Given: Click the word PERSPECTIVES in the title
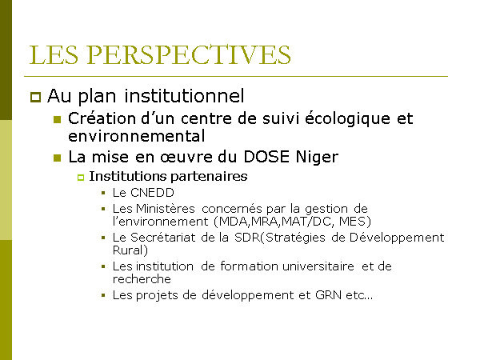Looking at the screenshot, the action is tap(189, 54).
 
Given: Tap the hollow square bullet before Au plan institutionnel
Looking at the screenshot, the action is tap(35, 97).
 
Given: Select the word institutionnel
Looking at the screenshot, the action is tap(184, 95).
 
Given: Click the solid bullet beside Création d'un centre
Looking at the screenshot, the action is tap(58, 119).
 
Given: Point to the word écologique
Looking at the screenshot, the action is tap(347, 118).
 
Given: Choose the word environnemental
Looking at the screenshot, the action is tap(137, 136).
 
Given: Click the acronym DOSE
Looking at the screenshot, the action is tap(266, 157).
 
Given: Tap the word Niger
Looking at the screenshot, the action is tap(317, 158).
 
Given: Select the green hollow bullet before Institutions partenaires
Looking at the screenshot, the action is tap(81, 178).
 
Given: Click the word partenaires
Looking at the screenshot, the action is tap(209, 177).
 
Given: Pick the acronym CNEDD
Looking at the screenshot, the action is tap(152, 193).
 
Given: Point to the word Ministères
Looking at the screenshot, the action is tap(166, 209).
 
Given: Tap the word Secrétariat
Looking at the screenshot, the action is tap(163, 238).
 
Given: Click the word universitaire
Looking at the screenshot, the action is tap(318, 266).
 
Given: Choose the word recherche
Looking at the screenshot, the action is tap(142, 279).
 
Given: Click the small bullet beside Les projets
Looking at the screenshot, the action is tap(103, 295).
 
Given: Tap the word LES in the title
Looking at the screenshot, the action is tap(54, 54).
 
